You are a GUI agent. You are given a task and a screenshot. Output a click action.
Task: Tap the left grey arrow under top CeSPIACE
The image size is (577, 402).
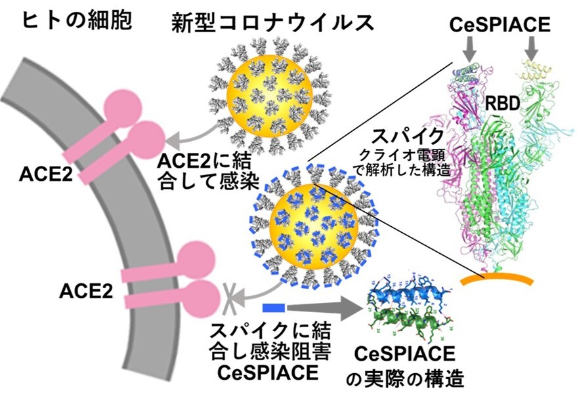click(x=467, y=47)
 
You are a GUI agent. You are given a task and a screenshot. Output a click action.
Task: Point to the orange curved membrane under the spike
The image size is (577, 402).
click(x=496, y=279)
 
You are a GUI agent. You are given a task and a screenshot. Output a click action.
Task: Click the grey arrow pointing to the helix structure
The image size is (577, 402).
click(x=326, y=307)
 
